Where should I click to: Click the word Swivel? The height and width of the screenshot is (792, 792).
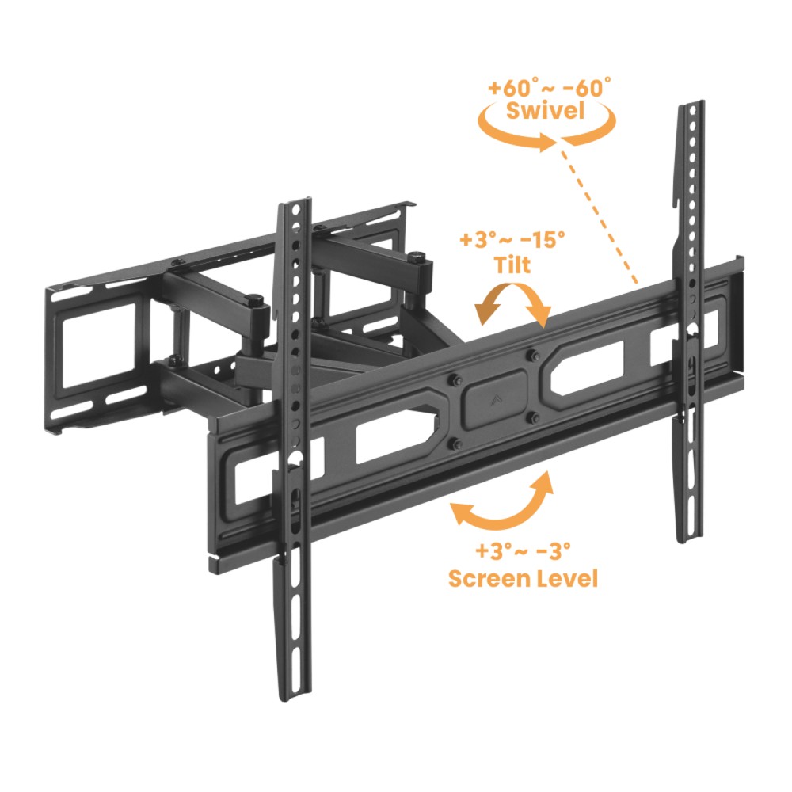546,111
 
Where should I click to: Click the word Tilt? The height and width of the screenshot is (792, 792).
512,265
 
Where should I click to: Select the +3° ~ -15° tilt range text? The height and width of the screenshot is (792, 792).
512,239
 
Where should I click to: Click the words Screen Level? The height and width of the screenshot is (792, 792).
523,578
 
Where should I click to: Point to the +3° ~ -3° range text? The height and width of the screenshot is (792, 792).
523,550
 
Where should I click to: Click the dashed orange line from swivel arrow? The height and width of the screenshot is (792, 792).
597,211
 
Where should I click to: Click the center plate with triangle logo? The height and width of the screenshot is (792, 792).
493,399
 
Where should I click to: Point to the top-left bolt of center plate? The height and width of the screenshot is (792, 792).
454,379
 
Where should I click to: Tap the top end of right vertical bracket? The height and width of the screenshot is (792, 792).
692,103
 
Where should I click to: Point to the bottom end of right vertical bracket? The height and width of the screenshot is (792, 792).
691,540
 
